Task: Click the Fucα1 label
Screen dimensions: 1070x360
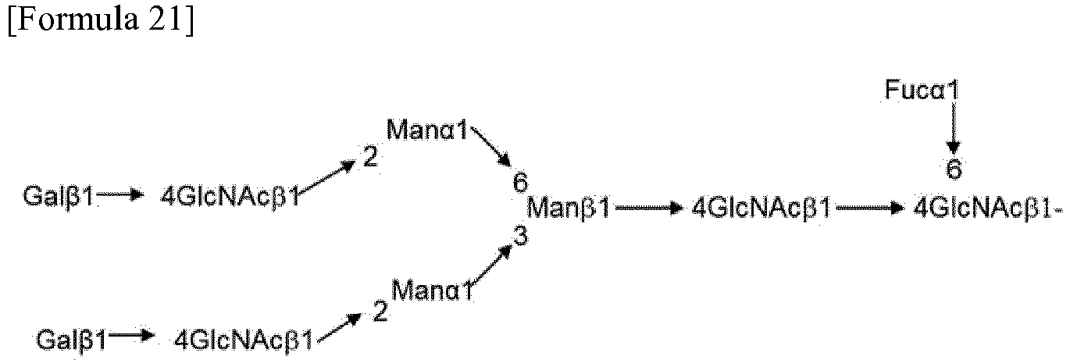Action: [922, 90]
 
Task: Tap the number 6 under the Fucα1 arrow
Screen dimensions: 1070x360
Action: [954, 169]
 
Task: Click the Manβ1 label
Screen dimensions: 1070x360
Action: [569, 209]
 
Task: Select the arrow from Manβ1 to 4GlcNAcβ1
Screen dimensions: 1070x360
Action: [647, 209]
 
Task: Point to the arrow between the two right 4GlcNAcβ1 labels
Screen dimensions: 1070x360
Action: [870, 209]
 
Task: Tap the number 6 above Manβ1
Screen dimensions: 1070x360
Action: [520, 182]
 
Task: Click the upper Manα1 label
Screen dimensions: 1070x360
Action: [427, 130]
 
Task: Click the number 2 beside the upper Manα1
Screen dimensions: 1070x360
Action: [370, 157]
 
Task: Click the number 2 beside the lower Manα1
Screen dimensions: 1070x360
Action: [380, 312]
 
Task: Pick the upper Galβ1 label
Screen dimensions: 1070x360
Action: [59, 196]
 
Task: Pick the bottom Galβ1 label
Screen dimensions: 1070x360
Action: [72, 340]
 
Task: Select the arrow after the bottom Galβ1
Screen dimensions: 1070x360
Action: [131, 337]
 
